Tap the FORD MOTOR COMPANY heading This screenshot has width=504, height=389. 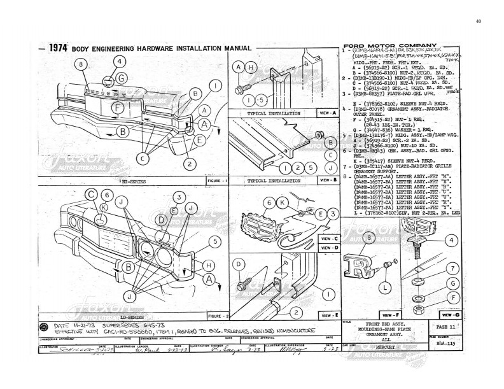point(389,46)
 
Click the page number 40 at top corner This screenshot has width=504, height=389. point(478,21)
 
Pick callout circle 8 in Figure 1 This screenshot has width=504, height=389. point(80,64)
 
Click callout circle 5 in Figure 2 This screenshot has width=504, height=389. point(215,241)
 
